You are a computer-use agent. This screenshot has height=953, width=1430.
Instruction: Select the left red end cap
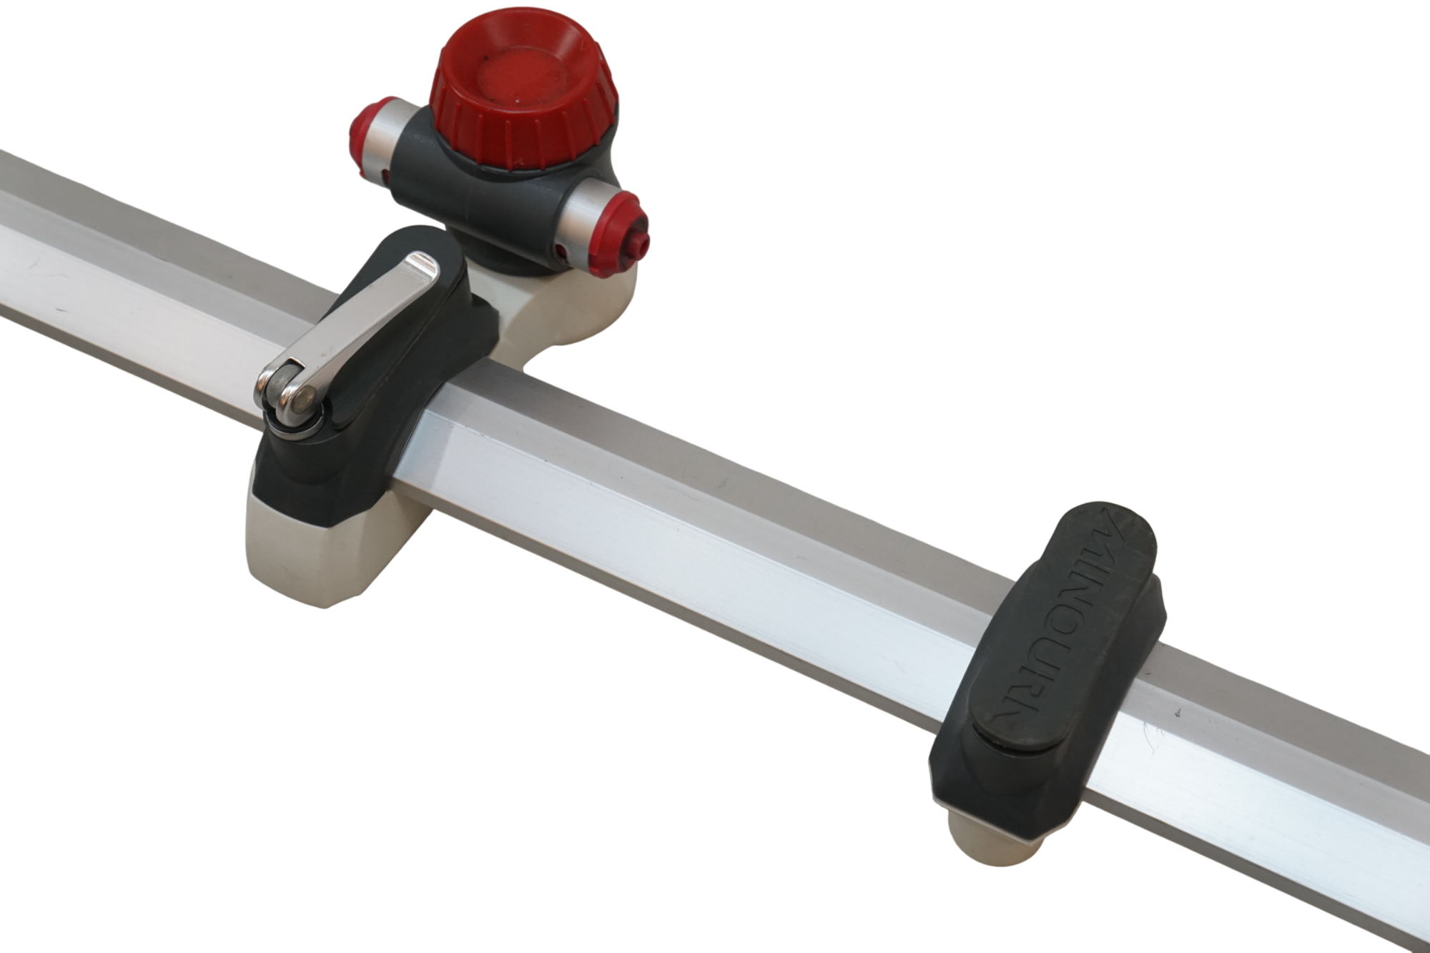click(368, 132)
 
